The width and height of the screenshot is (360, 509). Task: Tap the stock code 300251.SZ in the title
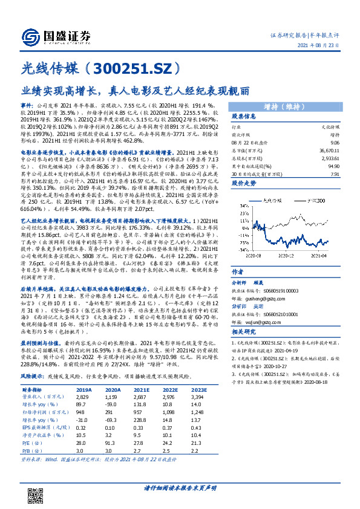[x=135, y=68]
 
